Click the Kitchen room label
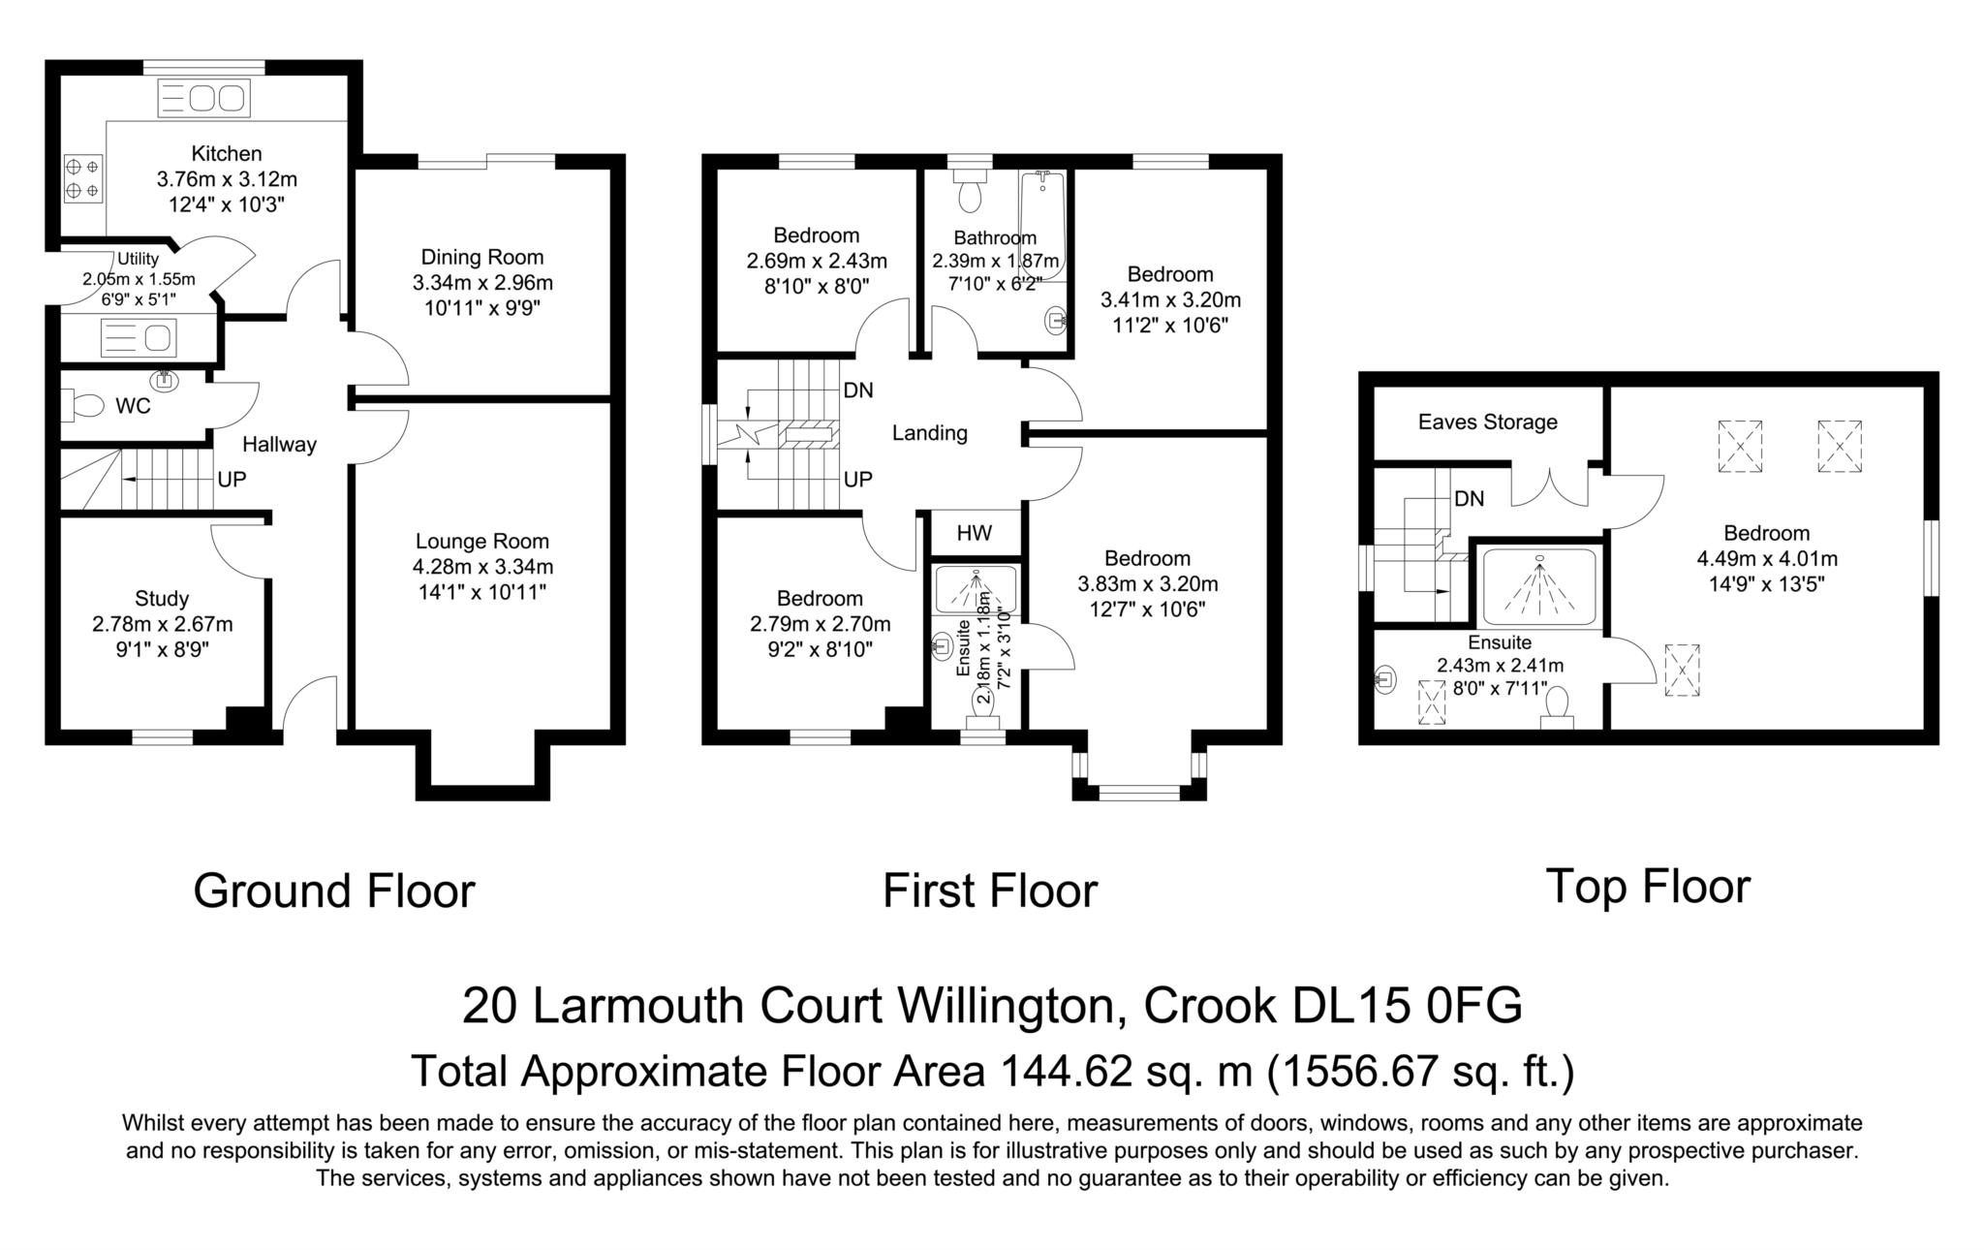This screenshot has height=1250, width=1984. click(x=226, y=153)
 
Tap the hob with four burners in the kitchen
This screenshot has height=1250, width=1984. click(x=82, y=178)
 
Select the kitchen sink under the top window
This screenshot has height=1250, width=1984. click(x=203, y=99)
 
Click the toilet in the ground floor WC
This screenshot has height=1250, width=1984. click(x=82, y=405)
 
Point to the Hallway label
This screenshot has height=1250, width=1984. click(x=279, y=444)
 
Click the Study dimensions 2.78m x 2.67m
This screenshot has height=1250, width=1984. click(x=163, y=624)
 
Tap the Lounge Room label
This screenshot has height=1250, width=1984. click(x=481, y=541)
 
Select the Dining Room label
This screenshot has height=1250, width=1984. click(x=481, y=257)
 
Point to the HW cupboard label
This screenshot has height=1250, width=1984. click(x=974, y=533)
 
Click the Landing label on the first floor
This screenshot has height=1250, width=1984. click(x=929, y=432)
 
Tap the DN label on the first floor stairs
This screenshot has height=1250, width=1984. click(x=857, y=390)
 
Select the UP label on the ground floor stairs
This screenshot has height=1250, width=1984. click(x=232, y=479)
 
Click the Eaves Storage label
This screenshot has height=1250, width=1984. click(x=1487, y=422)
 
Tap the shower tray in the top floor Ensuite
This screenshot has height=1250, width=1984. click(x=1538, y=586)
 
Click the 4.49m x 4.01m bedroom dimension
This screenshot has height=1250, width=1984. click(x=1766, y=558)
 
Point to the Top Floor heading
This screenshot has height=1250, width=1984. click(x=1647, y=886)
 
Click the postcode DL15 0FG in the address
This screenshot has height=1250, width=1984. click(x=1408, y=1006)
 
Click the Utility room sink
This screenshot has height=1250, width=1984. click(x=138, y=338)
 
